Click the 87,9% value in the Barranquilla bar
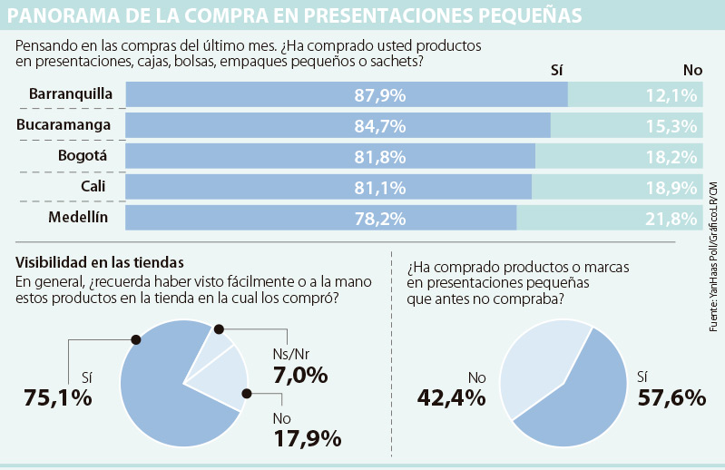click(x=380, y=94)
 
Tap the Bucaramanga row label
click(x=64, y=124)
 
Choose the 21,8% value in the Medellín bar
click(x=672, y=219)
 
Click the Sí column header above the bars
click(x=558, y=70)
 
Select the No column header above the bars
click(x=692, y=70)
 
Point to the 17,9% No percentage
click(x=307, y=438)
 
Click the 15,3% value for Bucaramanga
click(x=672, y=125)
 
